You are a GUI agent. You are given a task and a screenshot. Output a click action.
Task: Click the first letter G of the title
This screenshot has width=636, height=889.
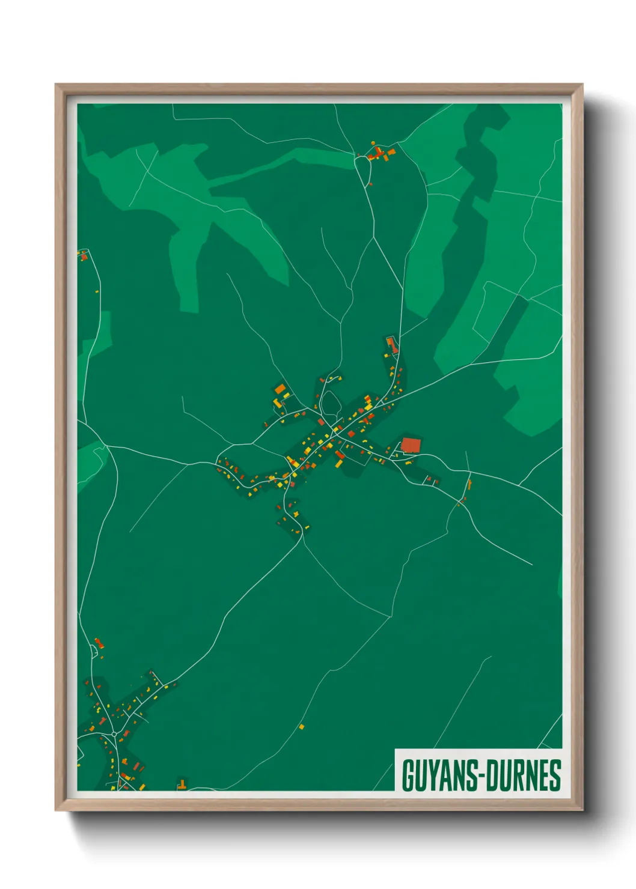pyautogui.click(x=408, y=775)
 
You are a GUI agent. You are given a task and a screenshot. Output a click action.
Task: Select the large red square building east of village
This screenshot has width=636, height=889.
pyautogui.click(x=411, y=445)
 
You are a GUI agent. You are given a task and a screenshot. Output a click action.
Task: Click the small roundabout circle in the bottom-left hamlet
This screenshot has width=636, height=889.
pyautogui.click(x=114, y=734)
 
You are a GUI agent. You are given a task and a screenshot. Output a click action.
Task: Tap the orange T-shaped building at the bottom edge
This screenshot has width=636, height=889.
pyautogui.click(x=181, y=784)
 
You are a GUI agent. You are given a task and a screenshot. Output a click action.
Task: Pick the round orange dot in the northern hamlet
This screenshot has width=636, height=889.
pyautogui.click(x=373, y=143)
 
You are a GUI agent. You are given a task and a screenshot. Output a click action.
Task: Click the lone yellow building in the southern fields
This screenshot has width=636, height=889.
pyautogui.click(x=302, y=726)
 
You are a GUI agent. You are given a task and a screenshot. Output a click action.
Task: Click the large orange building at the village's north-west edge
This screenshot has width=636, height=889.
pyautogui.click(x=281, y=389)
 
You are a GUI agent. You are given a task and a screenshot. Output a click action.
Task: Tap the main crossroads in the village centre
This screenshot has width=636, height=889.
pyautogui.click(x=334, y=431)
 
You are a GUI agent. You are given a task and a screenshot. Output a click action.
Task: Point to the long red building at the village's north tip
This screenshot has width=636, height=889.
pyautogui.click(x=392, y=345)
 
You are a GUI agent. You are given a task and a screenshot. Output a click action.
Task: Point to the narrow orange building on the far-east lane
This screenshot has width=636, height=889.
pyautogui.click(x=469, y=484)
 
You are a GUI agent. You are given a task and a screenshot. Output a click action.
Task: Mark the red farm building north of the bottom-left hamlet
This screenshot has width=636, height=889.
pyautogui.click(x=99, y=643)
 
